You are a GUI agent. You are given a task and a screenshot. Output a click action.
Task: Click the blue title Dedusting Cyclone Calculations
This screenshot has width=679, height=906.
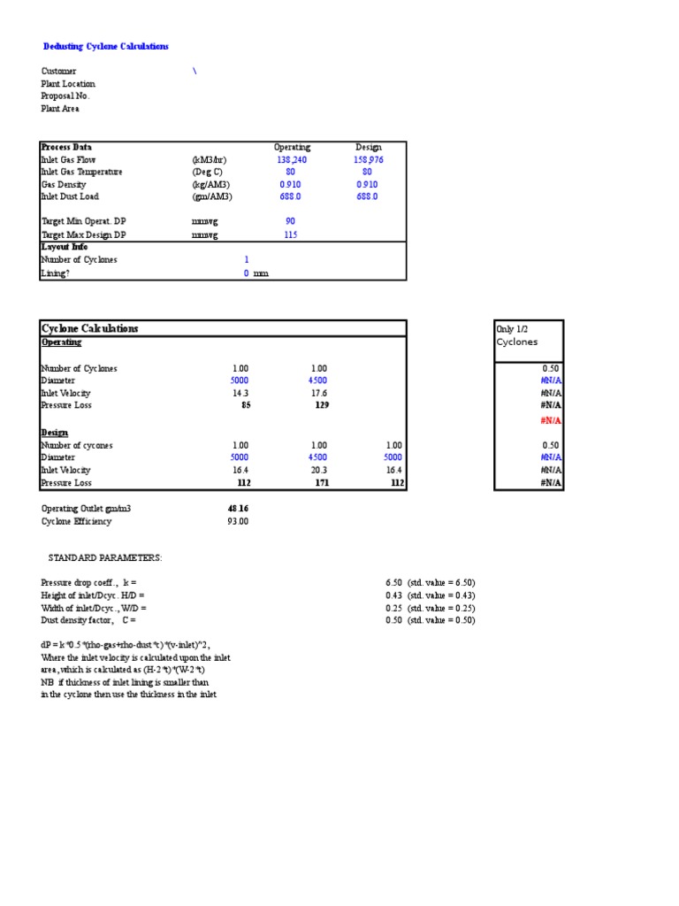106,46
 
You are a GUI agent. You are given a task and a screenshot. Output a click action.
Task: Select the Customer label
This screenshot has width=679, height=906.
59,71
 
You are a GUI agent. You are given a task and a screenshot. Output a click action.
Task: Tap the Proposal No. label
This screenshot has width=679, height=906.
65,96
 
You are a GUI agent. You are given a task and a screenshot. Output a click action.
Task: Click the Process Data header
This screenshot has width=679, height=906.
66,147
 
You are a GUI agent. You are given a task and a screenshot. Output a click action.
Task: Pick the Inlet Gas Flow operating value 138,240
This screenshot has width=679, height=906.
291,159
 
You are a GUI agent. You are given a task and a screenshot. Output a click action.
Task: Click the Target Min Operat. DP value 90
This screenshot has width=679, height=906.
290,221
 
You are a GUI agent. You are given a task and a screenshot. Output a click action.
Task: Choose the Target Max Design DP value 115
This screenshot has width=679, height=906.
290,235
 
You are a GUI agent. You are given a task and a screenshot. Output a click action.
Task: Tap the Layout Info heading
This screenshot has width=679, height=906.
65,247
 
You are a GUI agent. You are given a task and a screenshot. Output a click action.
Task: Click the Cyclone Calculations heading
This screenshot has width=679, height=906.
90,328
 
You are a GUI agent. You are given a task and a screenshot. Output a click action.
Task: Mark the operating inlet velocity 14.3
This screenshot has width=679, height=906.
240,393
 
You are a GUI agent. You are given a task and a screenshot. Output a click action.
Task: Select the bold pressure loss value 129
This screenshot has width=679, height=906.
322,405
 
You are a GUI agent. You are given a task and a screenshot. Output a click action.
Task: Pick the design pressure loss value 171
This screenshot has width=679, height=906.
322,483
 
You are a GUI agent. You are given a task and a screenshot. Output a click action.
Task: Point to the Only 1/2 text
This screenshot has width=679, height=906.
512,328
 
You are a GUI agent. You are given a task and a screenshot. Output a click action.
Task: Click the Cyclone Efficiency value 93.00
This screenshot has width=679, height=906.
238,522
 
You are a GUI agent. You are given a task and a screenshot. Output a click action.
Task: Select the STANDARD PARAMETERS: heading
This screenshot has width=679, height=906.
105,559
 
